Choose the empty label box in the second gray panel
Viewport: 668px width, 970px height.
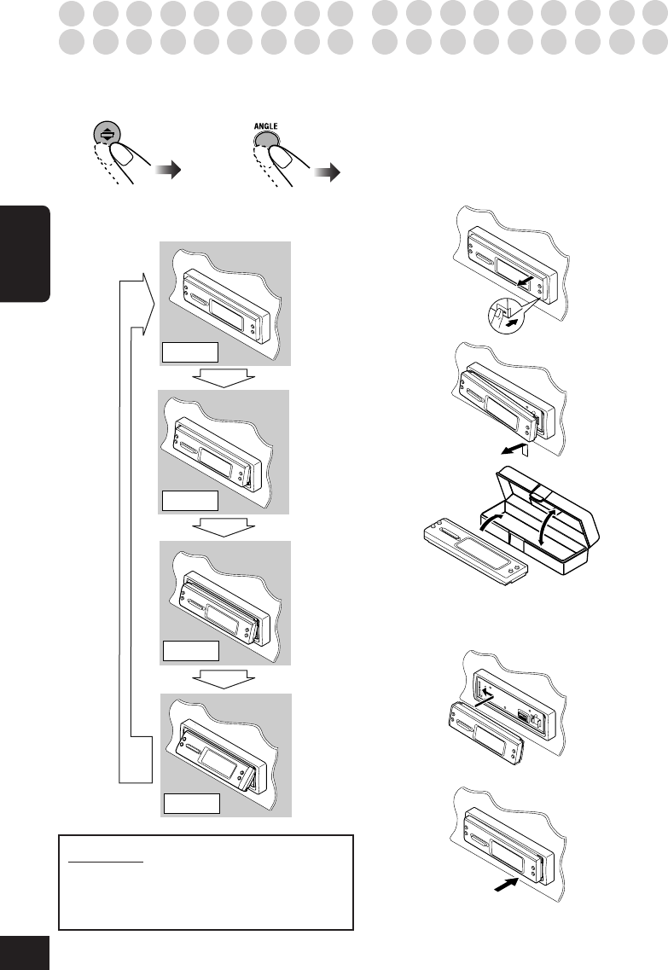189,502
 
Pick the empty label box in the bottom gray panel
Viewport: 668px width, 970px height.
192,804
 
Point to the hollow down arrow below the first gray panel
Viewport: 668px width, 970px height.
219,378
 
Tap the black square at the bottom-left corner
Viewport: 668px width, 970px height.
25,954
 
